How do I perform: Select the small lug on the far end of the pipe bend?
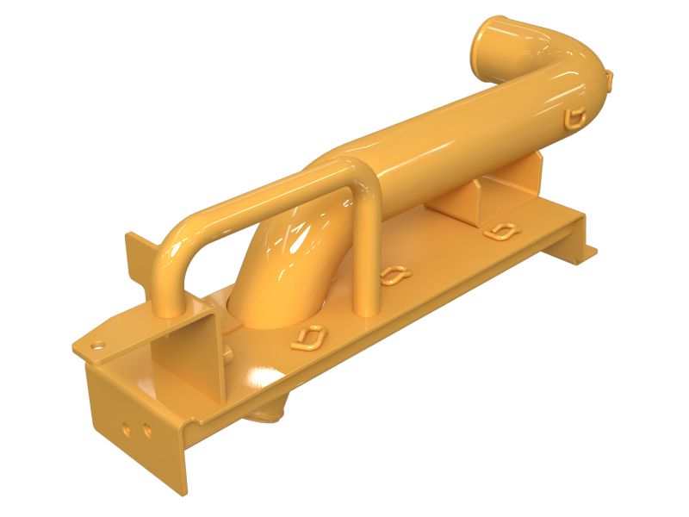(x=609, y=79)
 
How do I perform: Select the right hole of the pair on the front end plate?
(x=146, y=429)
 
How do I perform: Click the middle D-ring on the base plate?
(x=394, y=275)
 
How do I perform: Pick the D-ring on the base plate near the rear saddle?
(x=500, y=231)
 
